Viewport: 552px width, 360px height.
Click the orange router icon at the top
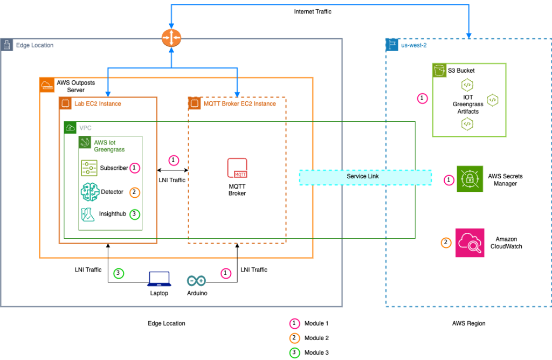click(171, 38)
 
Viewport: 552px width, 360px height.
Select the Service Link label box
click(365, 177)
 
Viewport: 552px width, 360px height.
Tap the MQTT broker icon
click(237, 168)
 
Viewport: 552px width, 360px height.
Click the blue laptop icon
click(159, 279)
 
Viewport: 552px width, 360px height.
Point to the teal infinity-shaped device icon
click(196, 280)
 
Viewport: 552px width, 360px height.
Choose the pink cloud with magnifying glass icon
click(470, 243)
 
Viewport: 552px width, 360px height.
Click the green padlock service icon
click(470, 179)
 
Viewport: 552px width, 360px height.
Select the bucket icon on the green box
click(440, 71)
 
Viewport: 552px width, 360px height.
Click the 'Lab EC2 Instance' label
click(98, 103)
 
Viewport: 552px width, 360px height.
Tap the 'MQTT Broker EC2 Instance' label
click(240, 103)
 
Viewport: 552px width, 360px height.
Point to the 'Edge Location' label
click(34, 45)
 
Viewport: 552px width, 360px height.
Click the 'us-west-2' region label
click(414, 45)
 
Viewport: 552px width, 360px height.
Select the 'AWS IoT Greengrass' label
click(109, 146)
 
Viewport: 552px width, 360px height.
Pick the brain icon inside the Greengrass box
click(89, 191)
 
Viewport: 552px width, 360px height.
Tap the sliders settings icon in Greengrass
click(89, 168)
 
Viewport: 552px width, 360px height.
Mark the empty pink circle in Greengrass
click(135, 168)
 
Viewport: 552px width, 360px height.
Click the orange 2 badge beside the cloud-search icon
click(446, 243)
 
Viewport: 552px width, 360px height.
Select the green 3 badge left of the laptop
click(119, 273)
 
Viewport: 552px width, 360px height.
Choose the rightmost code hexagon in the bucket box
click(492, 100)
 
